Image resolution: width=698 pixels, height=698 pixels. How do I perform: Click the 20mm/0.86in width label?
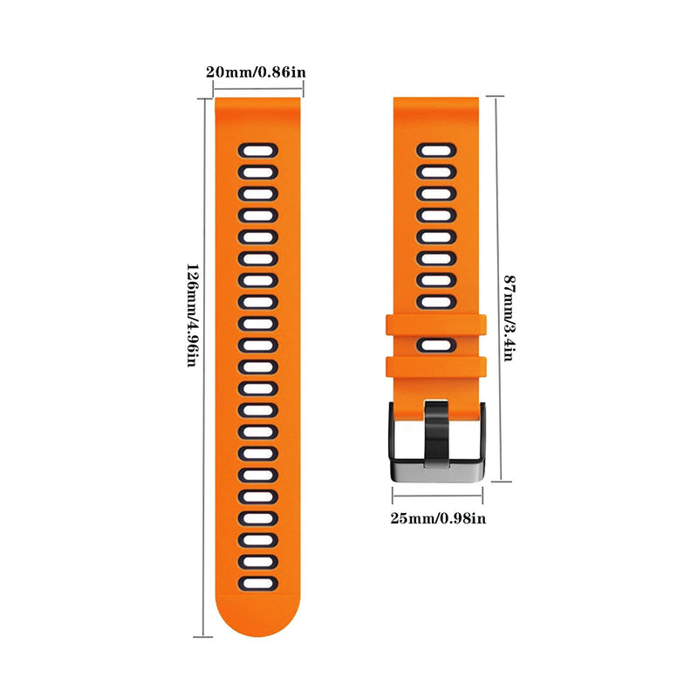[x=256, y=72]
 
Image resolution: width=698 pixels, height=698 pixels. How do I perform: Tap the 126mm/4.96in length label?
[x=192, y=316]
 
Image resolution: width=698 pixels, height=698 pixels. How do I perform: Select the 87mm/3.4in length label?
[x=510, y=318]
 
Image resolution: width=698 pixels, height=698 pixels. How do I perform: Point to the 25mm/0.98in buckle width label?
[x=438, y=518]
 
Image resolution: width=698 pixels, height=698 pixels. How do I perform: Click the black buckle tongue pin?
[x=436, y=434]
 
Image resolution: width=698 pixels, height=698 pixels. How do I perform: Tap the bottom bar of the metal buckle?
[x=437, y=473]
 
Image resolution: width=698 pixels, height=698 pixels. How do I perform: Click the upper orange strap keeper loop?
[x=435, y=325]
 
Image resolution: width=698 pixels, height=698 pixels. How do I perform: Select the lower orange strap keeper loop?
[x=435, y=366]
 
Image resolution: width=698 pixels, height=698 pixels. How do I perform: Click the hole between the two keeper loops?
[x=437, y=345]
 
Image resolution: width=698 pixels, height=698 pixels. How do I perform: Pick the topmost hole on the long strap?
[x=258, y=150]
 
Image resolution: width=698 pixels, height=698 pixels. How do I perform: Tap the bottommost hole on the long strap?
[x=258, y=584]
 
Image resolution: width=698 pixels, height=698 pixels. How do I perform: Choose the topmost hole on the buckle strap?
[x=437, y=150]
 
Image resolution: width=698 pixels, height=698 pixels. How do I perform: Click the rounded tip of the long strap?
[x=257, y=623]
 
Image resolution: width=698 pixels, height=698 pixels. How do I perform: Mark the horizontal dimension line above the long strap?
[x=258, y=89]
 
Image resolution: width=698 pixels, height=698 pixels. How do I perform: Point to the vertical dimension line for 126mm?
[x=204, y=367]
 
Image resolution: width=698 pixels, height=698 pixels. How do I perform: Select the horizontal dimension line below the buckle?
[x=438, y=495]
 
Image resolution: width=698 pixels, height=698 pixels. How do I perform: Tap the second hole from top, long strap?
[x=258, y=172]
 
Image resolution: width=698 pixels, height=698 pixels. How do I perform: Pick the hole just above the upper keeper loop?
[x=437, y=302]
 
